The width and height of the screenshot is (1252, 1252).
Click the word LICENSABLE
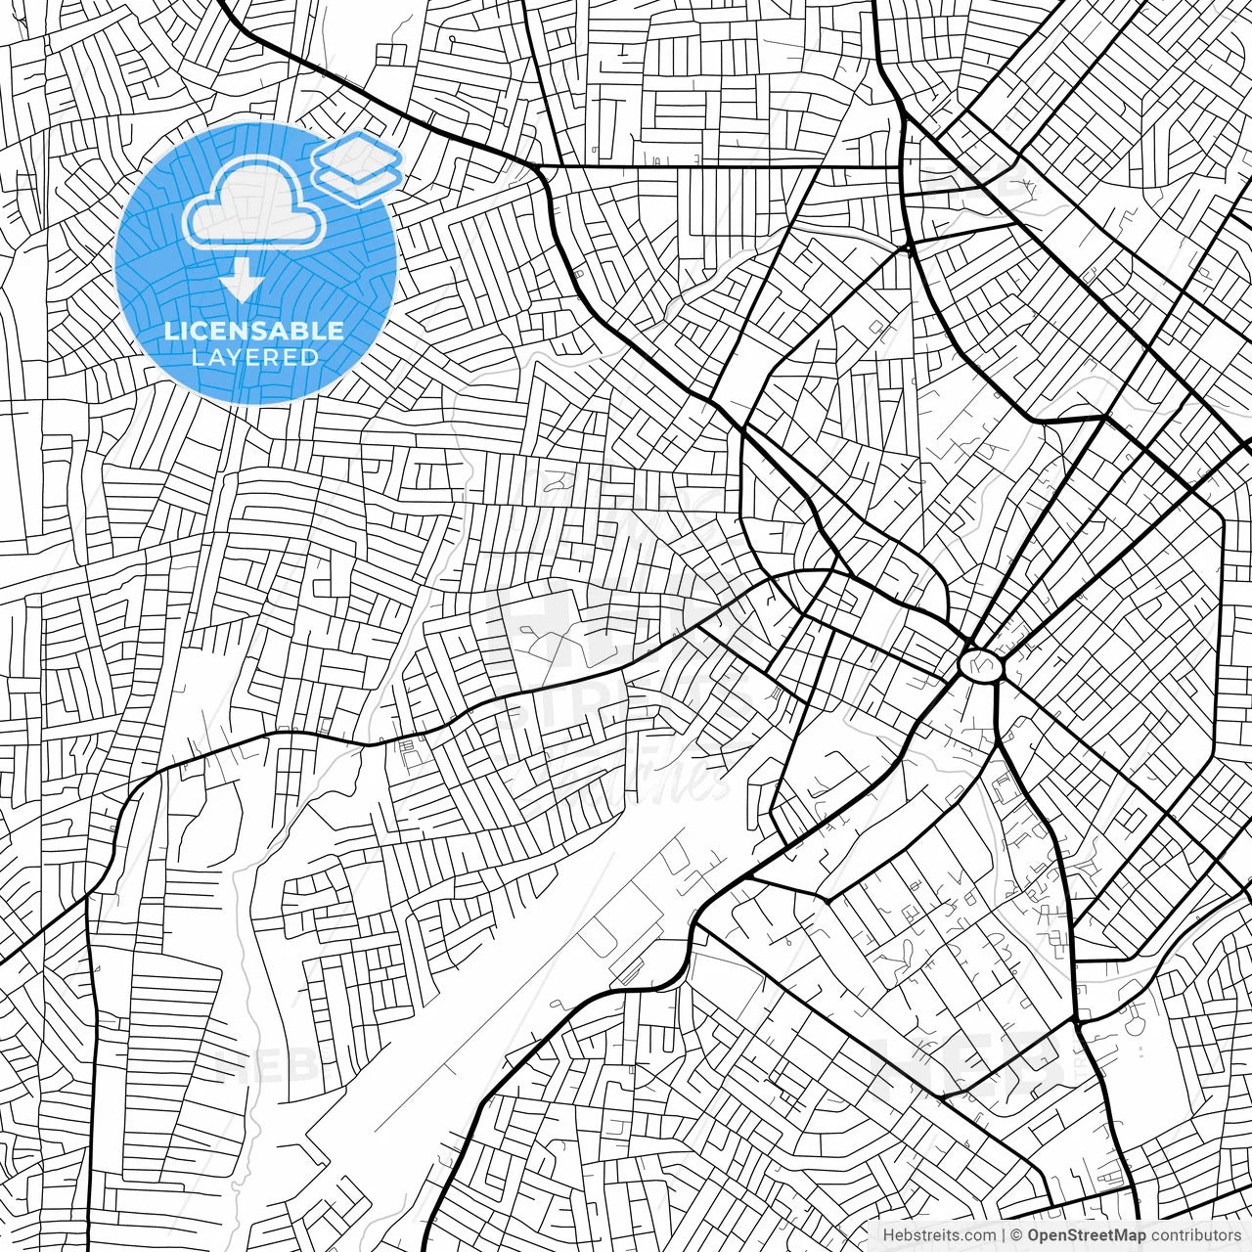point(254,331)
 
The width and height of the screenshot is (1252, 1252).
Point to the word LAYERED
point(254,358)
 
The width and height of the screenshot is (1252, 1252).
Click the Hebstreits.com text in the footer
point(939,1235)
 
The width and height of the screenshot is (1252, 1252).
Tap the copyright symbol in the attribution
point(1017,1235)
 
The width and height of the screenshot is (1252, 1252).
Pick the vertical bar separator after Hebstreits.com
point(1005,1235)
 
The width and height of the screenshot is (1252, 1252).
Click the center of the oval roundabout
point(981,665)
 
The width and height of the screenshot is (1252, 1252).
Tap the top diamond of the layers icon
point(357,154)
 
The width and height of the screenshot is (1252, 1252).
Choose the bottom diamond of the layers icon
point(357,180)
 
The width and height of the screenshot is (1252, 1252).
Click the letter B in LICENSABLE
point(306,331)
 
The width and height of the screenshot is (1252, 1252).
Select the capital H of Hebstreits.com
point(888,1235)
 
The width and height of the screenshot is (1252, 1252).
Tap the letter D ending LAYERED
point(309,358)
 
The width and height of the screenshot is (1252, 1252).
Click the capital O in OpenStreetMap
point(1034,1235)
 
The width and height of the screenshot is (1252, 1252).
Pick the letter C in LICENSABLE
point(199,331)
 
